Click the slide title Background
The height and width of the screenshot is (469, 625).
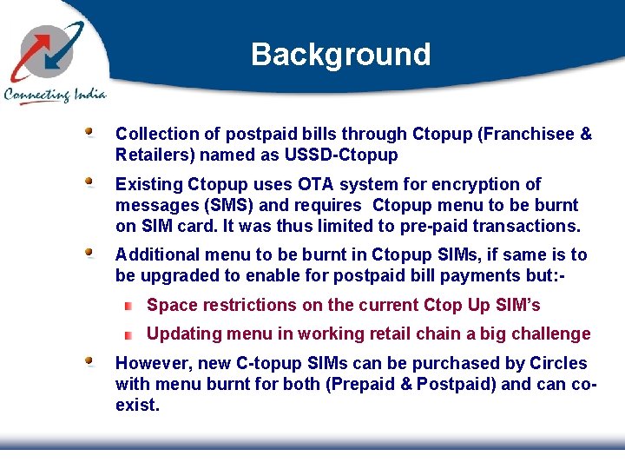click(x=340, y=55)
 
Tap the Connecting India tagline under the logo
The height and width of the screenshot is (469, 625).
click(x=54, y=95)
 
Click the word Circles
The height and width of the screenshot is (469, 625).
click(x=557, y=363)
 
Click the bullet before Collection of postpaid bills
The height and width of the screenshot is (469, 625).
click(x=89, y=132)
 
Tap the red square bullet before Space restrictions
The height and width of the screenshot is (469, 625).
click(x=128, y=306)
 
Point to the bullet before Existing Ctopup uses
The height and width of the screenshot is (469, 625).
click(x=89, y=182)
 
